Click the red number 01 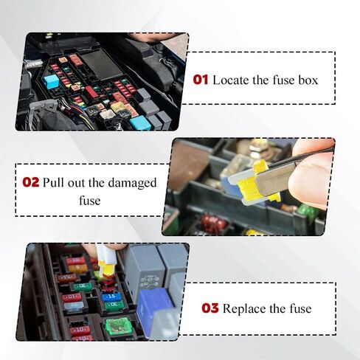tap(201, 80)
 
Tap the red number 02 tap(31, 182)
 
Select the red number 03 tap(210, 308)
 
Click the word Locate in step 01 tap(230, 80)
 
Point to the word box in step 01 tap(308, 80)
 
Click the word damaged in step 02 tap(132, 183)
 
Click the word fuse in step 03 tap(300, 308)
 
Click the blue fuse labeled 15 tap(111, 297)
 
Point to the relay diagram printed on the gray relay tap(150, 281)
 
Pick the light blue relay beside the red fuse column tap(52, 81)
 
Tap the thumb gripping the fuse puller tap(311, 183)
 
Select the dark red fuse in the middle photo tap(213, 224)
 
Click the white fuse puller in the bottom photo tap(104, 257)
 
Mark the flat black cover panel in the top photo tap(102, 64)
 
